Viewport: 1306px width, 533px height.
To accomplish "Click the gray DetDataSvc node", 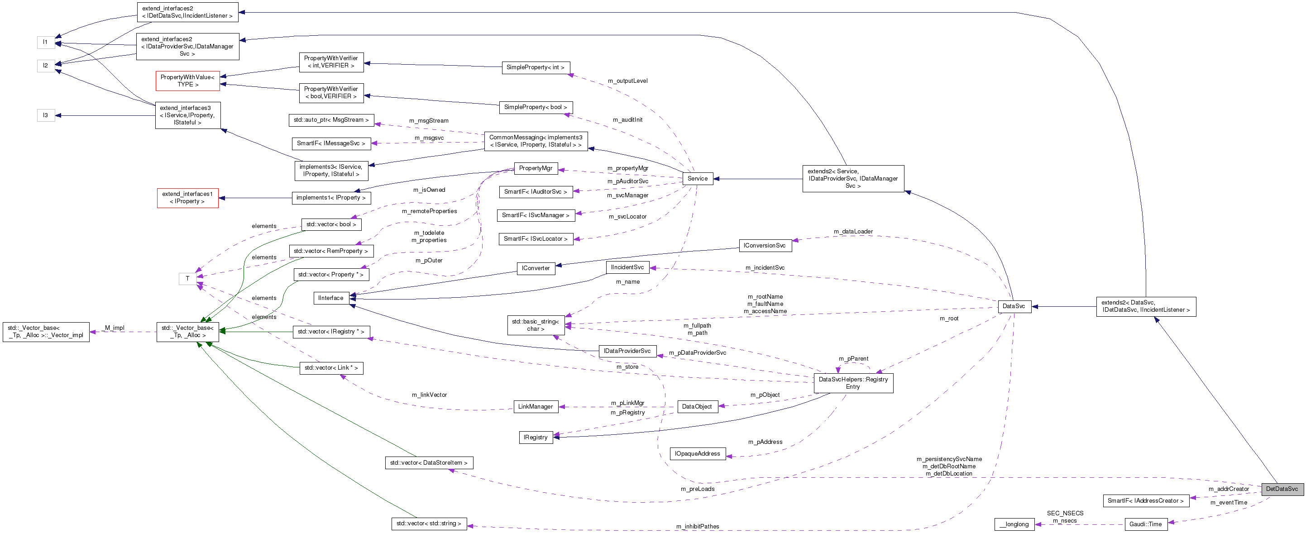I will (1281, 489).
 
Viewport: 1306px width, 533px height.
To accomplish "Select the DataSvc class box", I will (1014, 306).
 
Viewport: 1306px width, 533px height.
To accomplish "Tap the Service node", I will (697, 178).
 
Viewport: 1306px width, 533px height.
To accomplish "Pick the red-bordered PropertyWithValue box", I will (187, 81).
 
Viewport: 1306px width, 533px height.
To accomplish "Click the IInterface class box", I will (330, 298).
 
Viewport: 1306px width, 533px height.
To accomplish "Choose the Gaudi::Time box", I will (1145, 524).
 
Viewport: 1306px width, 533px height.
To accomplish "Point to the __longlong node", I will (1014, 524).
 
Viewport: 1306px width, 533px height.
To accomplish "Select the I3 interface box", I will (46, 115).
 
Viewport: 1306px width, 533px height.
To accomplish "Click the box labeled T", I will (187, 279).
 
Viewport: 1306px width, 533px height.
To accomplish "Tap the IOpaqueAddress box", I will (697, 453).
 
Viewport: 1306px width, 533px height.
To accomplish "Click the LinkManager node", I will (536, 406).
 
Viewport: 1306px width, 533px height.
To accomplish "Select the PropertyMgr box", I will (536, 168).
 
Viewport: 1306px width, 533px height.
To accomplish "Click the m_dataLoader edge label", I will (853, 232).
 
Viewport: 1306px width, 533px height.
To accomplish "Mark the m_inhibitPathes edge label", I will (697, 526).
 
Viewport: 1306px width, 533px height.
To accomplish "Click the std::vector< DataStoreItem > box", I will (428, 462).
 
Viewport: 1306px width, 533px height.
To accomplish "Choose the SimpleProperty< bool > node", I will (536, 107).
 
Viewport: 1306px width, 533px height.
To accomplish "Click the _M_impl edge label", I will (114, 328).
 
